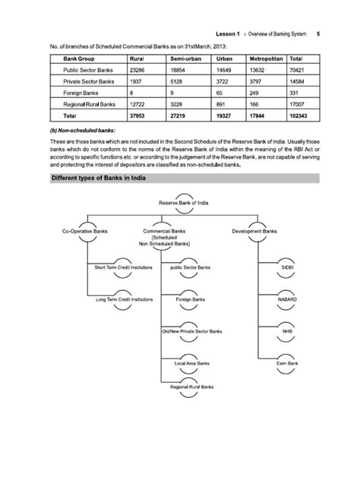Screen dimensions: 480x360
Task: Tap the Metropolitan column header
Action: tap(260, 58)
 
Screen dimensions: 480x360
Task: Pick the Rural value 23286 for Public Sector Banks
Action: tap(139, 69)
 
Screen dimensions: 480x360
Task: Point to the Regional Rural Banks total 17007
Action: tap(298, 103)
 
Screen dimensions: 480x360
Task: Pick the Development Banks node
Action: tap(254, 230)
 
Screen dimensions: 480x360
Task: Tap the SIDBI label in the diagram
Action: tap(287, 267)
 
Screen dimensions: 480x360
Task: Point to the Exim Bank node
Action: tap(287, 364)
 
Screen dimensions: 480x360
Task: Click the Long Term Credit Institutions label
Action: tap(123, 299)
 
